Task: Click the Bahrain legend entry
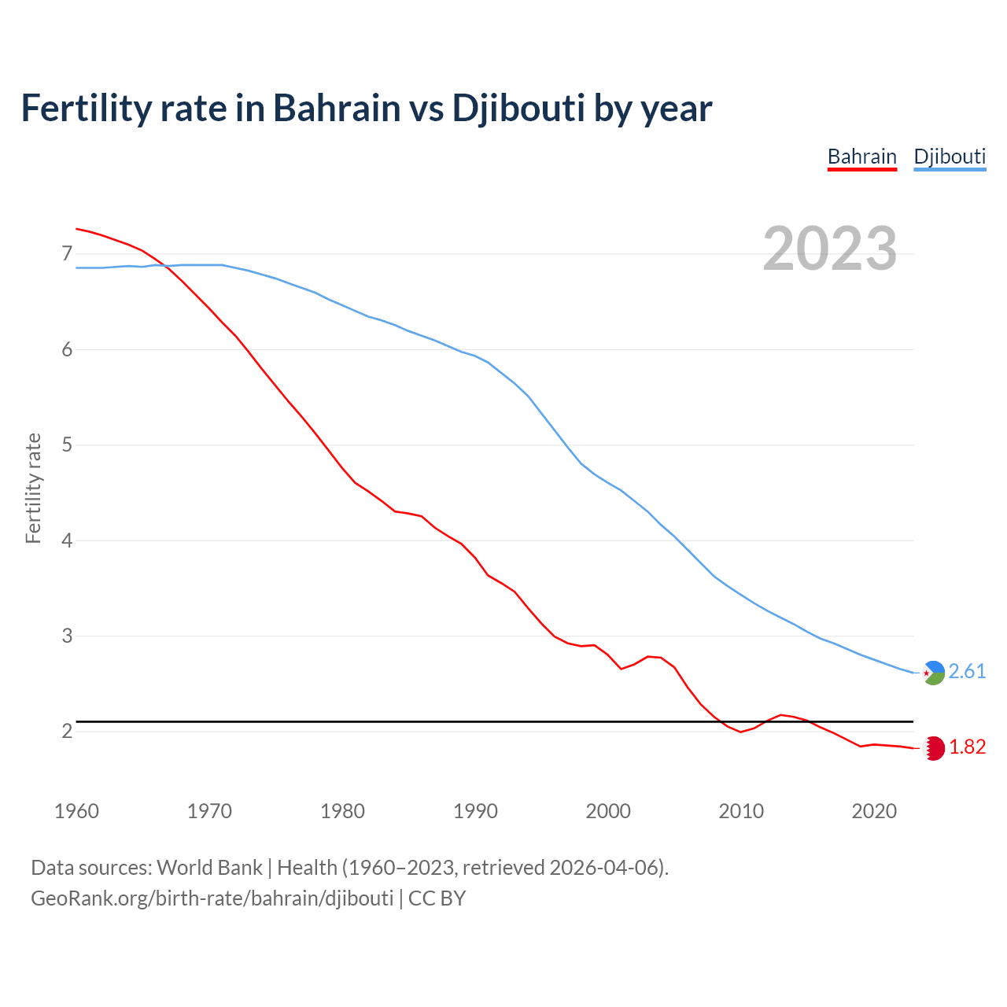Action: coord(861,157)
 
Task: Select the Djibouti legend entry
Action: coord(950,157)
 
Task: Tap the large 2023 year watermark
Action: coord(829,249)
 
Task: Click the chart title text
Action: coord(366,108)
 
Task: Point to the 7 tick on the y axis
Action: coord(67,253)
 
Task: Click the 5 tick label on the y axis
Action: coord(67,445)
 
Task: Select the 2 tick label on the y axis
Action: coord(67,732)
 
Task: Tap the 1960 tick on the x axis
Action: coord(76,811)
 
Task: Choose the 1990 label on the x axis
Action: coord(475,811)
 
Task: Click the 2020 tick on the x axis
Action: coord(874,811)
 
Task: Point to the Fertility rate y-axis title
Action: coord(33,488)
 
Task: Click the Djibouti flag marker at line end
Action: coord(933,673)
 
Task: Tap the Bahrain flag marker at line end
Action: coord(933,748)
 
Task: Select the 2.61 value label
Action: coord(967,671)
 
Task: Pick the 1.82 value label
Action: coord(967,747)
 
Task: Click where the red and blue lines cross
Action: coord(164,266)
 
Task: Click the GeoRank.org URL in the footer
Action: coord(212,898)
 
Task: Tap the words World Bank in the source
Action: coord(209,868)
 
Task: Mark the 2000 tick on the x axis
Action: coord(608,811)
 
